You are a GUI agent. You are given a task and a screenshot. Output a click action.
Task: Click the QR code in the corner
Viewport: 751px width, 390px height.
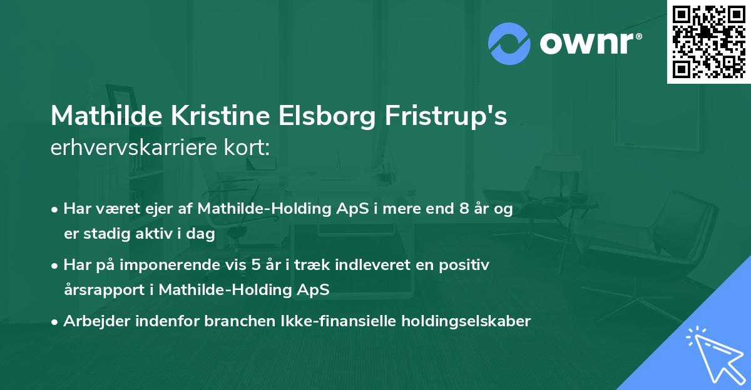coord(708,41)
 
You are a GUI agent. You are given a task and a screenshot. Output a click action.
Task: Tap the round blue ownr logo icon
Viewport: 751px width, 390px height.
coord(509,44)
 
